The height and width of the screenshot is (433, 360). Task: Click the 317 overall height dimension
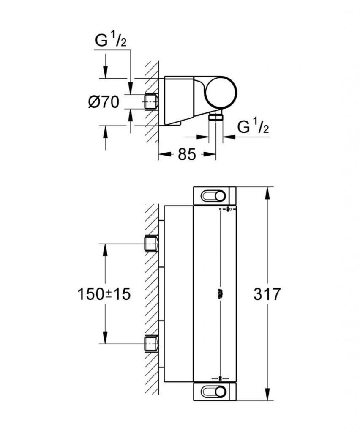coord(267,294)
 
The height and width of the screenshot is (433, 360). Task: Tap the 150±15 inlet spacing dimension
coord(104,294)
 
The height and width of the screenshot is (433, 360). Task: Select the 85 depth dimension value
coord(186,155)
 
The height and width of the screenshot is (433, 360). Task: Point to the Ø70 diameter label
coord(104,102)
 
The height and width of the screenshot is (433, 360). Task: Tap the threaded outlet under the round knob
coord(216,116)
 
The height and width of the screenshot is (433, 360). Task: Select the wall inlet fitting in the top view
coord(151,101)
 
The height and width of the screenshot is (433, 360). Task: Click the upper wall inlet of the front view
coord(151,244)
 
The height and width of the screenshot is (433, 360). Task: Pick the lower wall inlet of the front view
coord(151,343)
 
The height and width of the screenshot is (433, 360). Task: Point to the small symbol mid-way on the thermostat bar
coord(220,293)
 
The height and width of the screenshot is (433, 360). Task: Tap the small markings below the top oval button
coord(227,209)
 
